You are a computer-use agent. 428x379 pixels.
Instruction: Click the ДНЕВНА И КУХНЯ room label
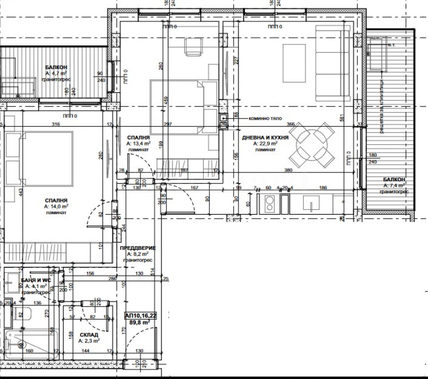265,138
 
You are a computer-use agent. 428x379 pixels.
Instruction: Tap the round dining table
312,145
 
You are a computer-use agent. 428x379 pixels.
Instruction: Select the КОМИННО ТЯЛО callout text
265,118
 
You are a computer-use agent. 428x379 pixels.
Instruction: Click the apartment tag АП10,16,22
141,316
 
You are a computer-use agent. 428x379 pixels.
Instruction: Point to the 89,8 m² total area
140,322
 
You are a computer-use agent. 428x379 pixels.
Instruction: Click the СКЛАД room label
89,335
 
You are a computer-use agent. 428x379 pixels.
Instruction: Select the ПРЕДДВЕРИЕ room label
137,248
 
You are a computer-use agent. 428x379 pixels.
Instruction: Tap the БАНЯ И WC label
36,280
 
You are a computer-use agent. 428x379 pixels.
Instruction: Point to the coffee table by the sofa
294,63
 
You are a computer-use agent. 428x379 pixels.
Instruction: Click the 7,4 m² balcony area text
394,185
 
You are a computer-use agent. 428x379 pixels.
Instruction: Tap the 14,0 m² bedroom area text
56,206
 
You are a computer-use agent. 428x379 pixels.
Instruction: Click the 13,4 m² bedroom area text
138,144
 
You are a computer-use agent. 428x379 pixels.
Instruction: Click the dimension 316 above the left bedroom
56,124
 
